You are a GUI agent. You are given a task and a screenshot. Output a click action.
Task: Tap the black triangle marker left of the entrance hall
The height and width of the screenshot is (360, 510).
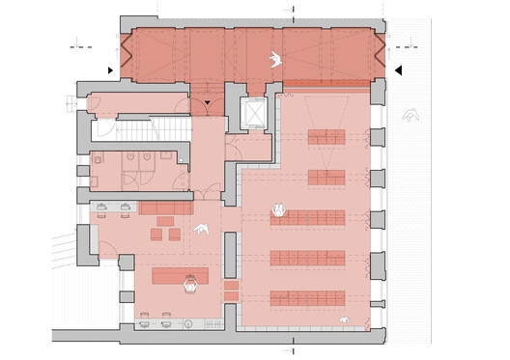coord(112,70)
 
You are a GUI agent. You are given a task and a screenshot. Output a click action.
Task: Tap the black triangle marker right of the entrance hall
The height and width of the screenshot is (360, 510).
coord(397,69)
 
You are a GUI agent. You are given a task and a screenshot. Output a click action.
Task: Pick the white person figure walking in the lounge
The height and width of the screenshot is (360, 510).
coord(203,229)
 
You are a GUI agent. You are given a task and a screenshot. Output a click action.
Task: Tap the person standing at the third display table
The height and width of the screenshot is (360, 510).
coord(278,208)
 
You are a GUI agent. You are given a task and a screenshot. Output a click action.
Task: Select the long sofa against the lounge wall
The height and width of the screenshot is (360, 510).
coord(167,208)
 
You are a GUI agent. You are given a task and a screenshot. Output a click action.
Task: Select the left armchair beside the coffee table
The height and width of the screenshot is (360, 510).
coord(154,234)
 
